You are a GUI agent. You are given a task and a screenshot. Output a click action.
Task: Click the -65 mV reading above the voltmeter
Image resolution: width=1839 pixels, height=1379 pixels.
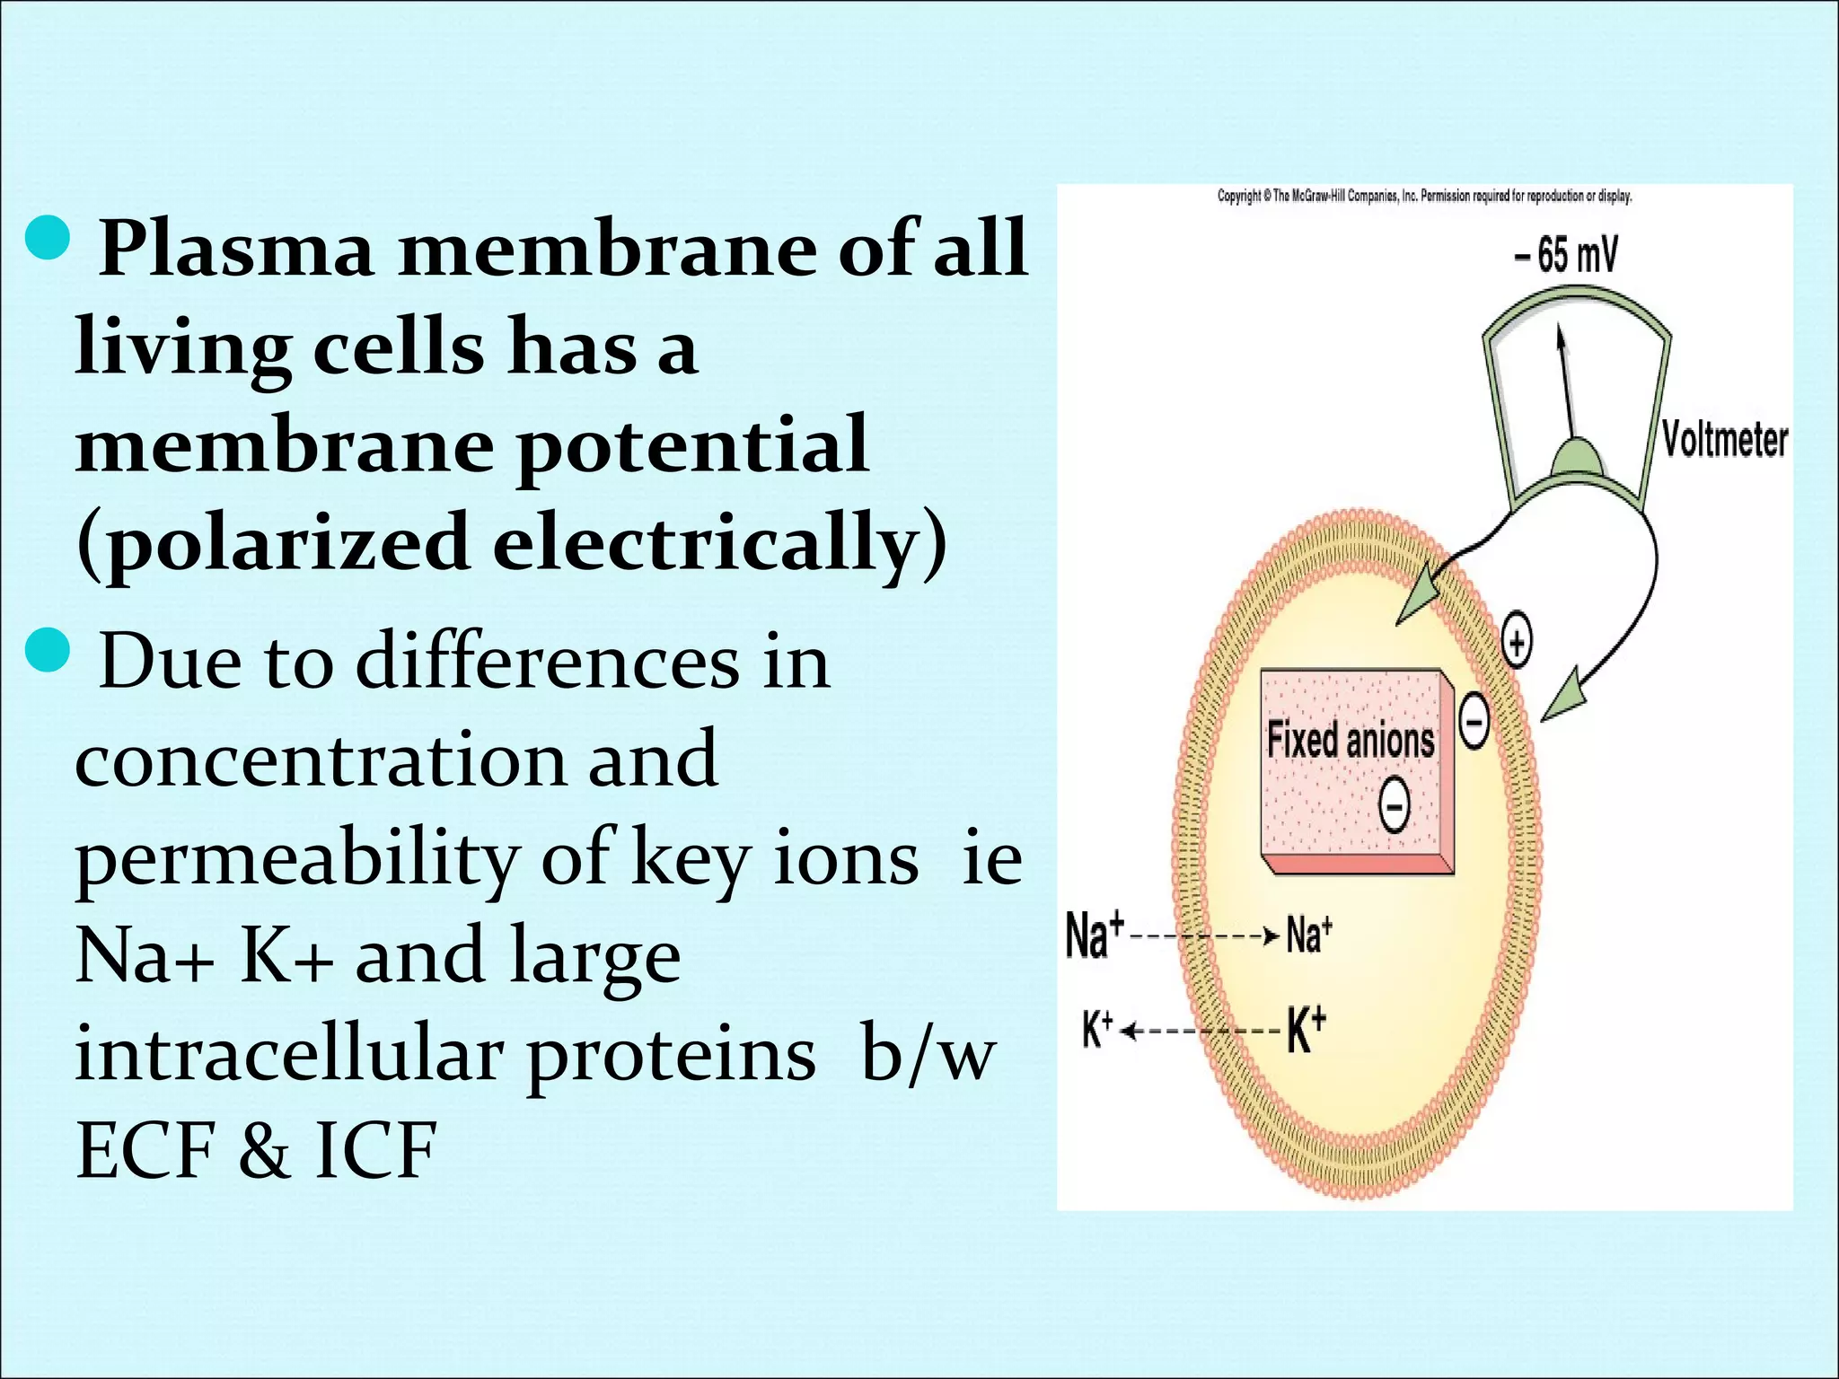(x=1565, y=255)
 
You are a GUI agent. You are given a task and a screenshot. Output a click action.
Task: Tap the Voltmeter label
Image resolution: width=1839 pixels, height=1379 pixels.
(x=1724, y=440)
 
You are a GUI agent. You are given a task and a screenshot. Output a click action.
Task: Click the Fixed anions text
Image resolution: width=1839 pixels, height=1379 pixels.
(x=1350, y=741)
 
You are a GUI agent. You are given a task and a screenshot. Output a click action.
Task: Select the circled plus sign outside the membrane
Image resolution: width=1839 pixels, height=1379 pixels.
(x=1517, y=643)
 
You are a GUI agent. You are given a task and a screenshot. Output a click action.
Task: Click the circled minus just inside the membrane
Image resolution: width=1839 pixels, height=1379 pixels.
(x=1474, y=721)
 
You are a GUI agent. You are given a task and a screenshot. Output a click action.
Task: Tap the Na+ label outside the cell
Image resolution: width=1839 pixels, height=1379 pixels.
(x=1094, y=935)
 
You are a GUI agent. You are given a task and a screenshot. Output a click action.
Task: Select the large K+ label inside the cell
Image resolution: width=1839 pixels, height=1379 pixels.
(x=1307, y=1030)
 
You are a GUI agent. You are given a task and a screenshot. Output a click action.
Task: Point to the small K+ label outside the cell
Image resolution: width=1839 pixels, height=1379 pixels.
(x=1097, y=1030)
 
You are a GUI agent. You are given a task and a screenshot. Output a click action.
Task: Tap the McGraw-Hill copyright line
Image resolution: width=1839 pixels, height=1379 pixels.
(x=1424, y=196)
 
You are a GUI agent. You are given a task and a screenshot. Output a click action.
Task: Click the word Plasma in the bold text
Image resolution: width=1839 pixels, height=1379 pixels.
(x=235, y=249)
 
